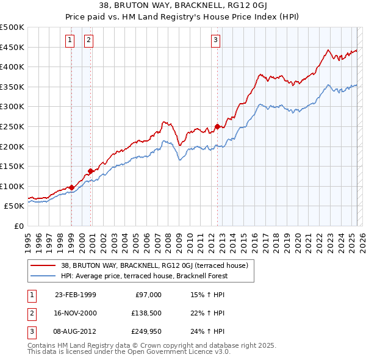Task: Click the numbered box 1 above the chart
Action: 70,41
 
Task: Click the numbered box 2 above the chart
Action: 89,41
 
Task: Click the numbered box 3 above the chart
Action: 216,41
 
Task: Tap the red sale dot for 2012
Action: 217,127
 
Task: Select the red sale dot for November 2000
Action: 91,171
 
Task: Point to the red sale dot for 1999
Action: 72,187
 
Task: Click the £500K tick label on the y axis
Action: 12,27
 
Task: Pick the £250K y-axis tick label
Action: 12,126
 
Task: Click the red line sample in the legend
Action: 42,266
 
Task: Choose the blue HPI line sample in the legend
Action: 42,276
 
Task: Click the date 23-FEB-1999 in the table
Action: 75,295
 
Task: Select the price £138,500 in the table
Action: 145,314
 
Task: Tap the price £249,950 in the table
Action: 145,333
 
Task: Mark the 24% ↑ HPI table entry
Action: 208,333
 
